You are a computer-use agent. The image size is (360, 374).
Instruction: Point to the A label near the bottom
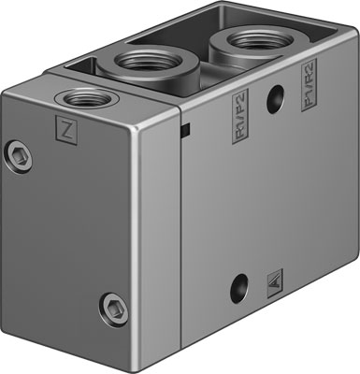click(273, 279)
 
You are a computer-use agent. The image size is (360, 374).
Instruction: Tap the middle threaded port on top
click(142, 66)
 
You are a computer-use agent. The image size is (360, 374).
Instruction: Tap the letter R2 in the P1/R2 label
click(310, 76)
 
